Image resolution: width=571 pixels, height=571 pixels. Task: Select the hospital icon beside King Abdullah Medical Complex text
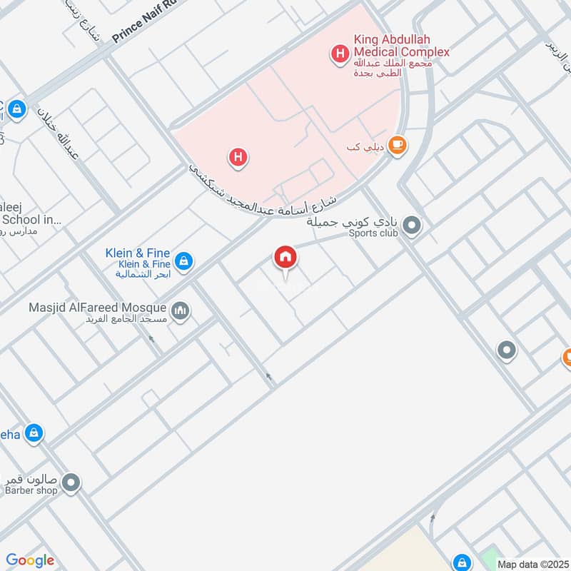point(340,52)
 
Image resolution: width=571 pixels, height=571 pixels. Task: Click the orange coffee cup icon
point(398,145)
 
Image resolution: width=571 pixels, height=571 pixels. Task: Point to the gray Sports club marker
point(412,227)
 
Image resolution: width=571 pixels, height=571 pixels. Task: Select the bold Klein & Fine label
point(138,253)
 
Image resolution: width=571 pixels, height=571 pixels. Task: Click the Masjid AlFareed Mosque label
point(97,308)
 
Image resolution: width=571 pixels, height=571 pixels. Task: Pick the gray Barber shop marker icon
point(71,484)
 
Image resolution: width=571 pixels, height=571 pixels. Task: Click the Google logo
point(30,560)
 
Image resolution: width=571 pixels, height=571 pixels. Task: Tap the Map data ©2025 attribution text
point(532,564)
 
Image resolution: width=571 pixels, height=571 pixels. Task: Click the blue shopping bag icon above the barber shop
point(34,433)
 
